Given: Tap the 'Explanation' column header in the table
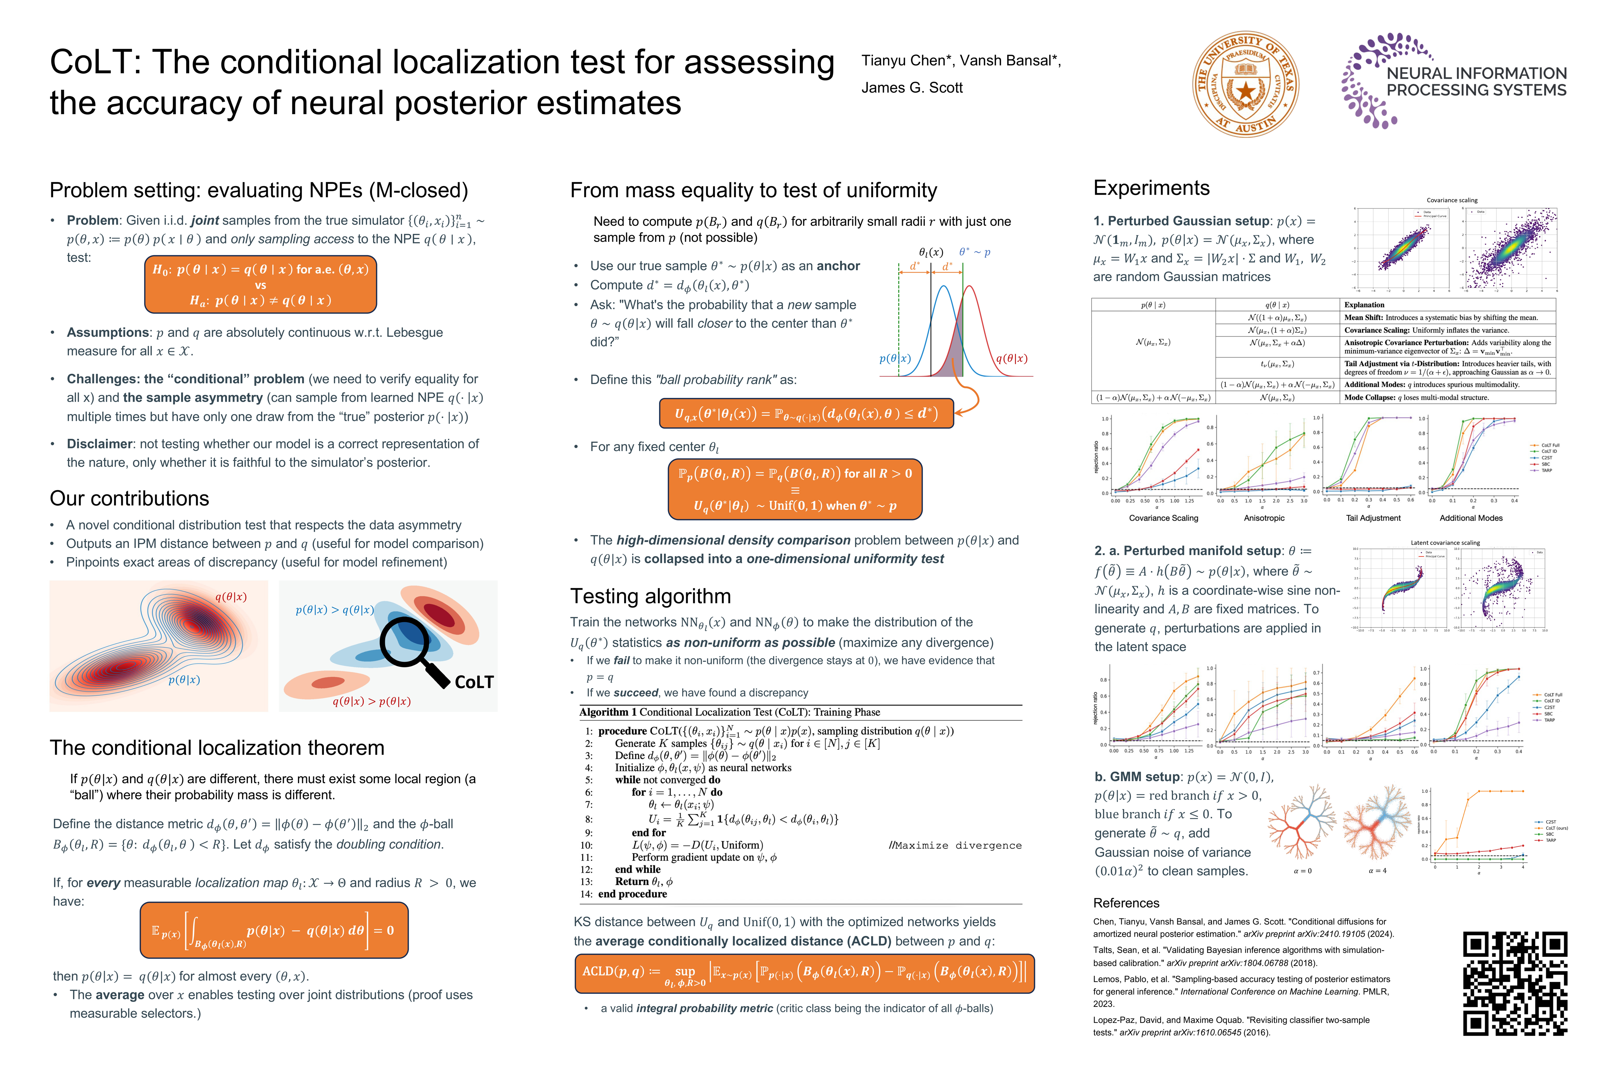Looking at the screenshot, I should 1364,305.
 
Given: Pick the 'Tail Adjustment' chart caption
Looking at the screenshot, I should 1373,518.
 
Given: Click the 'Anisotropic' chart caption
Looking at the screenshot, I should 1264,518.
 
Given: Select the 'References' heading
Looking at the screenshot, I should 1126,903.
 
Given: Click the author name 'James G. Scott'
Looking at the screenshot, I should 912,87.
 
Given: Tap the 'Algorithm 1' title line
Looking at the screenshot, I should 729,712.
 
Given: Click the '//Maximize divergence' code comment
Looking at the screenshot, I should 955,846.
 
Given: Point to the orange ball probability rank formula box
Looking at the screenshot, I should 806,414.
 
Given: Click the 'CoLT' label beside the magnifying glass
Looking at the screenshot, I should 474,682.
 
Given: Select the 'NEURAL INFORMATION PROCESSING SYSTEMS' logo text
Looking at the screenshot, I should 1476,82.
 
